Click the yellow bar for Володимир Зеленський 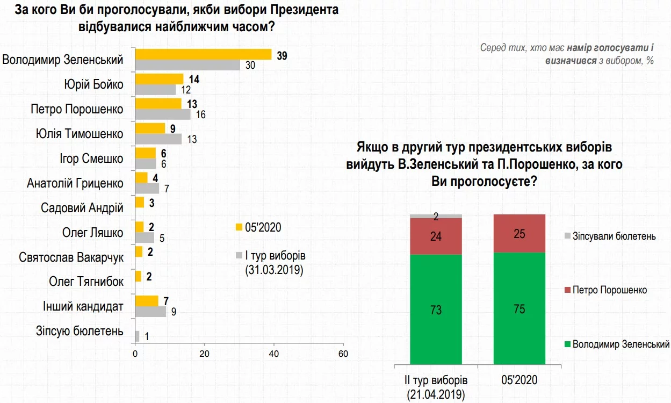pyautogui.click(x=203, y=54)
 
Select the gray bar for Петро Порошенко pyautogui.click(x=163, y=114)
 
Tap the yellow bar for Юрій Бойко pyautogui.click(x=159, y=79)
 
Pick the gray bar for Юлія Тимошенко pyautogui.click(x=158, y=139)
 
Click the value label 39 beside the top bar pyautogui.click(x=282, y=54)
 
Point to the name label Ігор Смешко pyautogui.click(x=92, y=159)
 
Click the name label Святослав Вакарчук pyautogui.click(x=71, y=257)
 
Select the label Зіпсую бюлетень pyautogui.click(x=79, y=331)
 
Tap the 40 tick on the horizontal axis pyautogui.click(x=273, y=354)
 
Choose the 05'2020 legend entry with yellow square pyautogui.click(x=258, y=227)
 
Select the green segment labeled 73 pyautogui.click(x=436, y=310)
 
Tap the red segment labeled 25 pyautogui.click(x=520, y=233)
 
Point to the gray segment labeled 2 pyautogui.click(x=436, y=216)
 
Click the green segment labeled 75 pyautogui.click(x=520, y=308)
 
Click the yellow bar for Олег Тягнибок pyautogui.click(x=138, y=276)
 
